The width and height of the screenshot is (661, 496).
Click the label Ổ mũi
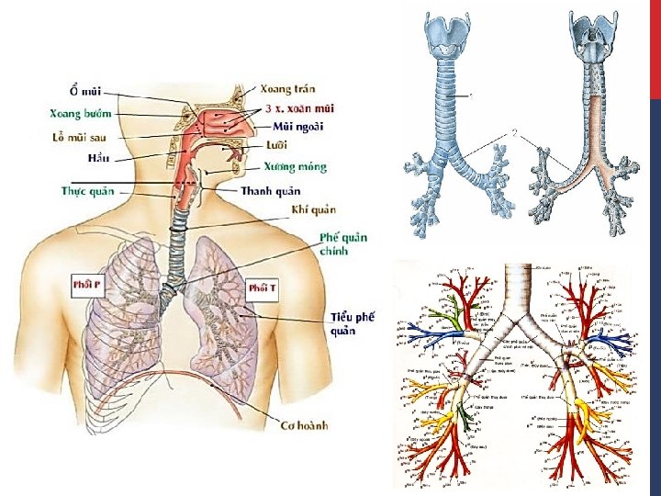(x=85, y=91)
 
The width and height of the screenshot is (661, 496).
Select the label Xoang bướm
(x=80, y=114)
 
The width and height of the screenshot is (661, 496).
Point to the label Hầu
(x=98, y=158)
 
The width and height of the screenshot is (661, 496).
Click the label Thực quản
(x=87, y=191)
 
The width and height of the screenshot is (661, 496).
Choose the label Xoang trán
(x=287, y=89)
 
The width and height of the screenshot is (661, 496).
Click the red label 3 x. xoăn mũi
(x=299, y=108)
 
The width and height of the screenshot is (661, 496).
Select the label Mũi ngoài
(x=297, y=126)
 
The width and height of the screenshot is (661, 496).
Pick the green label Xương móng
(x=295, y=167)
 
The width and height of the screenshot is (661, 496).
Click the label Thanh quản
(x=270, y=191)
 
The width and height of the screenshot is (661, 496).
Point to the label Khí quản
(x=313, y=210)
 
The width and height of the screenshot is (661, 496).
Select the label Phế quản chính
(x=343, y=243)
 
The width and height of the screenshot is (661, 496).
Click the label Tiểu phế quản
(x=353, y=323)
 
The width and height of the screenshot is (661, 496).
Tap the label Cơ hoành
(x=304, y=425)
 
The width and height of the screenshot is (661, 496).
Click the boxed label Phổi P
(x=87, y=285)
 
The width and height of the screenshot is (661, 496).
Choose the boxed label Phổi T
(x=262, y=288)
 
